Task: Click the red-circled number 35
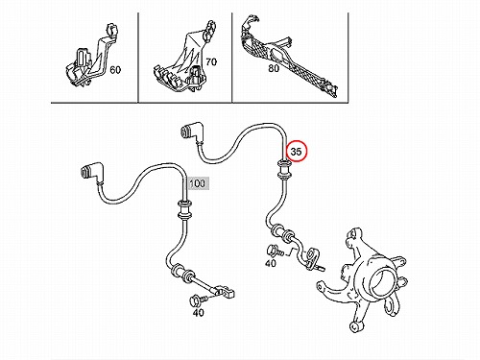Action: coord(297,151)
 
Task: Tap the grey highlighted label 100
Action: coord(198,183)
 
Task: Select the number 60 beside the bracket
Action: coord(115,69)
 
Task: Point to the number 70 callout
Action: coord(211,61)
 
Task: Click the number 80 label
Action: coord(274,68)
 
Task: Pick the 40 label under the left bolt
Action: coord(199,312)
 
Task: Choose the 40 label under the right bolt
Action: coord(271,263)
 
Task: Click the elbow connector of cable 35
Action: coord(191,132)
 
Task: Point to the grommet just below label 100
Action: coord(183,209)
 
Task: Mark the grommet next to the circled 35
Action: coord(283,170)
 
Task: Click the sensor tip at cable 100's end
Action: coord(224,291)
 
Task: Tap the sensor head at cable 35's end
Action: coord(312,256)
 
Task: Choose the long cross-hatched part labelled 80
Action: coord(287,55)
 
